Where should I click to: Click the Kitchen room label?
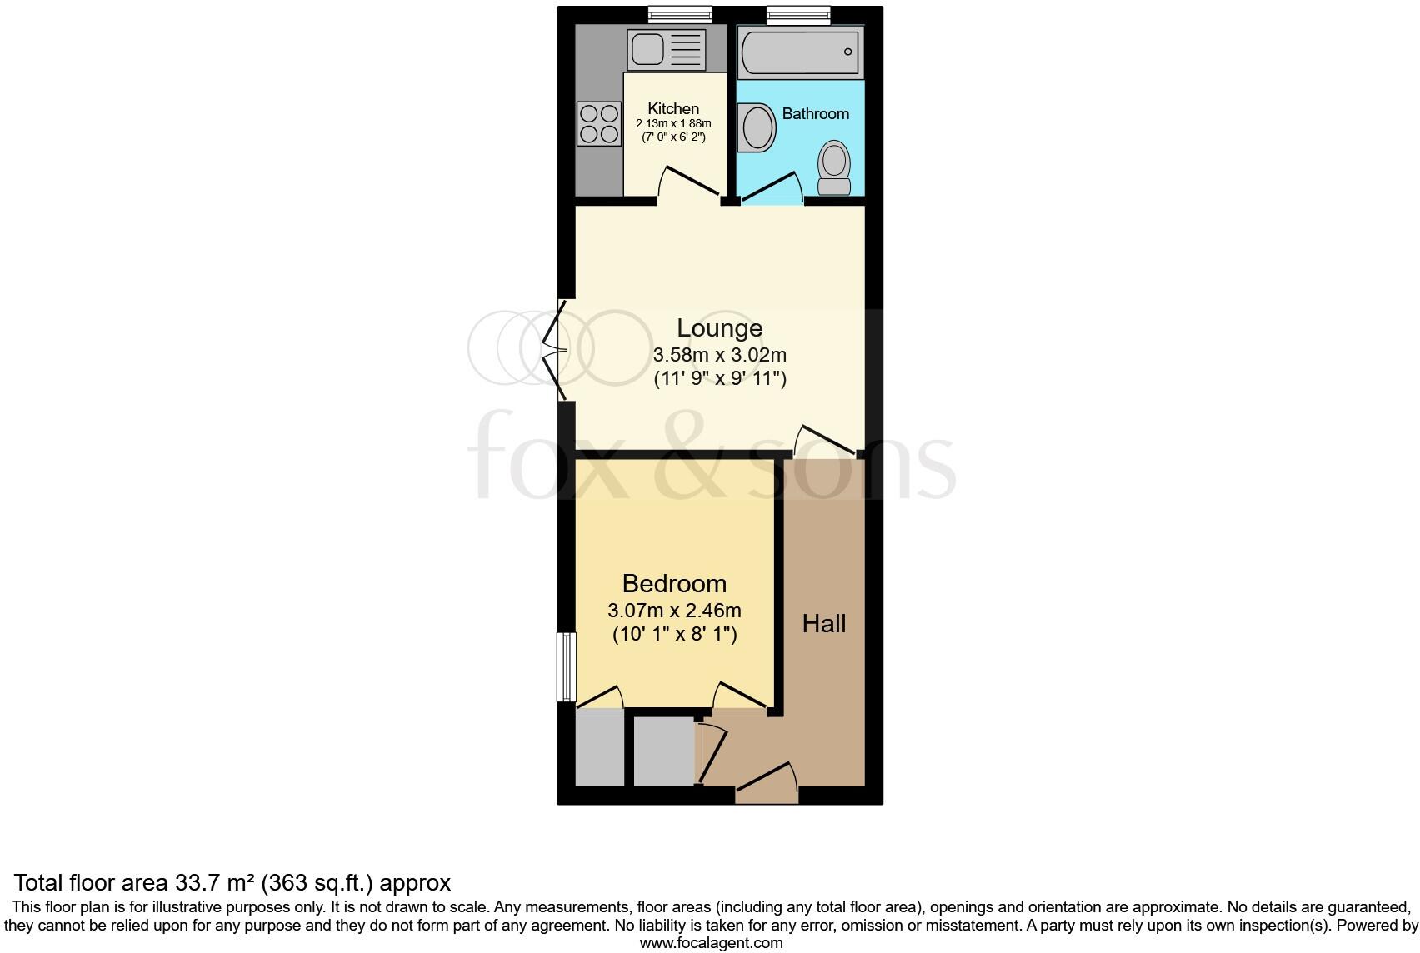click(x=673, y=108)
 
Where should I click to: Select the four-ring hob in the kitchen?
click(x=599, y=123)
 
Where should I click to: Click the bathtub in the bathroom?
click(x=801, y=52)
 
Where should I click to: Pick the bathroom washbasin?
click(x=757, y=127)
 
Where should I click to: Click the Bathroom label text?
click(x=815, y=113)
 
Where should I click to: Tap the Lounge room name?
click(x=719, y=327)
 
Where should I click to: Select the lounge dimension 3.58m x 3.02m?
click(x=719, y=354)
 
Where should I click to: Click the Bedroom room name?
click(x=674, y=583)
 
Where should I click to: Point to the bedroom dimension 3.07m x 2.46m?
click(x=674, y=610)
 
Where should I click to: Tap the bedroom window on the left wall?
click(x=567, y=666)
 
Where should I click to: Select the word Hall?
click(x=823, y=623)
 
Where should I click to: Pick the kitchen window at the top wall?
click(x=681, y=12)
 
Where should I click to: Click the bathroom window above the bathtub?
click(x=798, y=12)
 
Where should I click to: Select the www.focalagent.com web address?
click(x=710, y=943)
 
